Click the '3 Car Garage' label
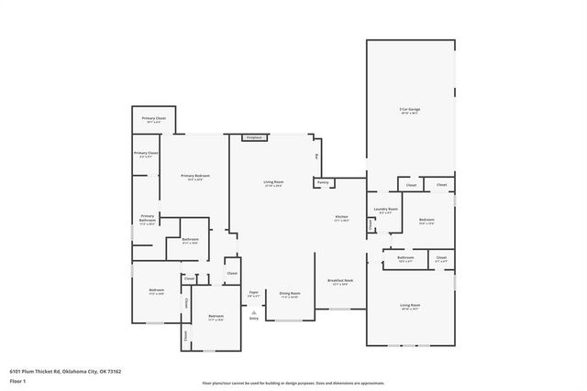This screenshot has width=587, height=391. tap(410, 110)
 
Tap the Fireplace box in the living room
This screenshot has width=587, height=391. tap(254, 137)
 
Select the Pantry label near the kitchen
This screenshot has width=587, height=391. tap(323, 182)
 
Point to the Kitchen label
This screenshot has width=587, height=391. tap(341, 217)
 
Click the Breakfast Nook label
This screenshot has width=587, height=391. tap(341, 280)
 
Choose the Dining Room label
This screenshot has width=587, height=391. tap(289, 293)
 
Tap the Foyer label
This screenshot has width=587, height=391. tap(254, 293)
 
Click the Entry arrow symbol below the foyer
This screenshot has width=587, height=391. tap(254, 312)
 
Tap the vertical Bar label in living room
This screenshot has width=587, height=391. tap(316, 157)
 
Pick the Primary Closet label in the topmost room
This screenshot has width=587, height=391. tap(153, 119)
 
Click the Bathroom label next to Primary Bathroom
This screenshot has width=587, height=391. tap(190, 240)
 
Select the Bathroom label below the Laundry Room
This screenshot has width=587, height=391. tap(405, 257)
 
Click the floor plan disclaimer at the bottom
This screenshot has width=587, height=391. tap(293, 384)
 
